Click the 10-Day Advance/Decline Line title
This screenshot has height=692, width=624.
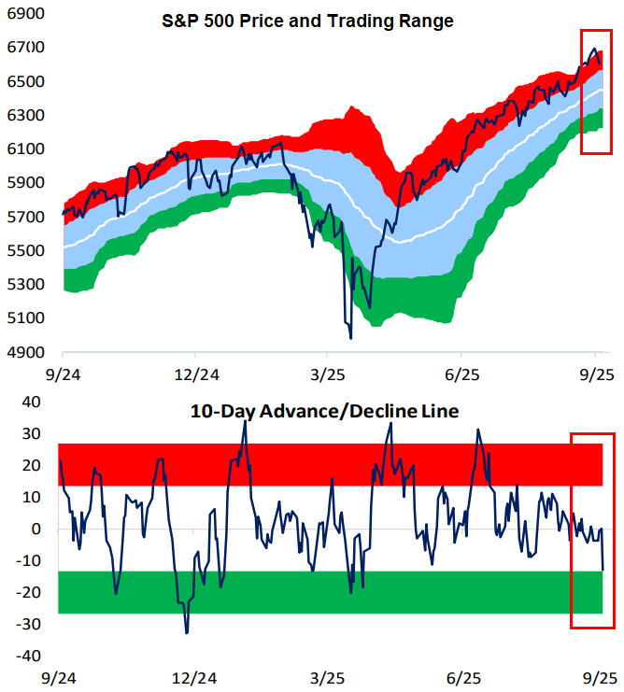click(x=324, y=410)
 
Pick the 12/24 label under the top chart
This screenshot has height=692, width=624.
click(x=194, y=373)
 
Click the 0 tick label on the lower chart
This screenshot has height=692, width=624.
click(x=36, y=530)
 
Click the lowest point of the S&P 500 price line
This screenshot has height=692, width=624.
click(x=350, y=338)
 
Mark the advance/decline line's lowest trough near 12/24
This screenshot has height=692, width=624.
click(x=186, y=633)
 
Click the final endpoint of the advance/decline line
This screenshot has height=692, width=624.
click(x=603, y=570)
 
